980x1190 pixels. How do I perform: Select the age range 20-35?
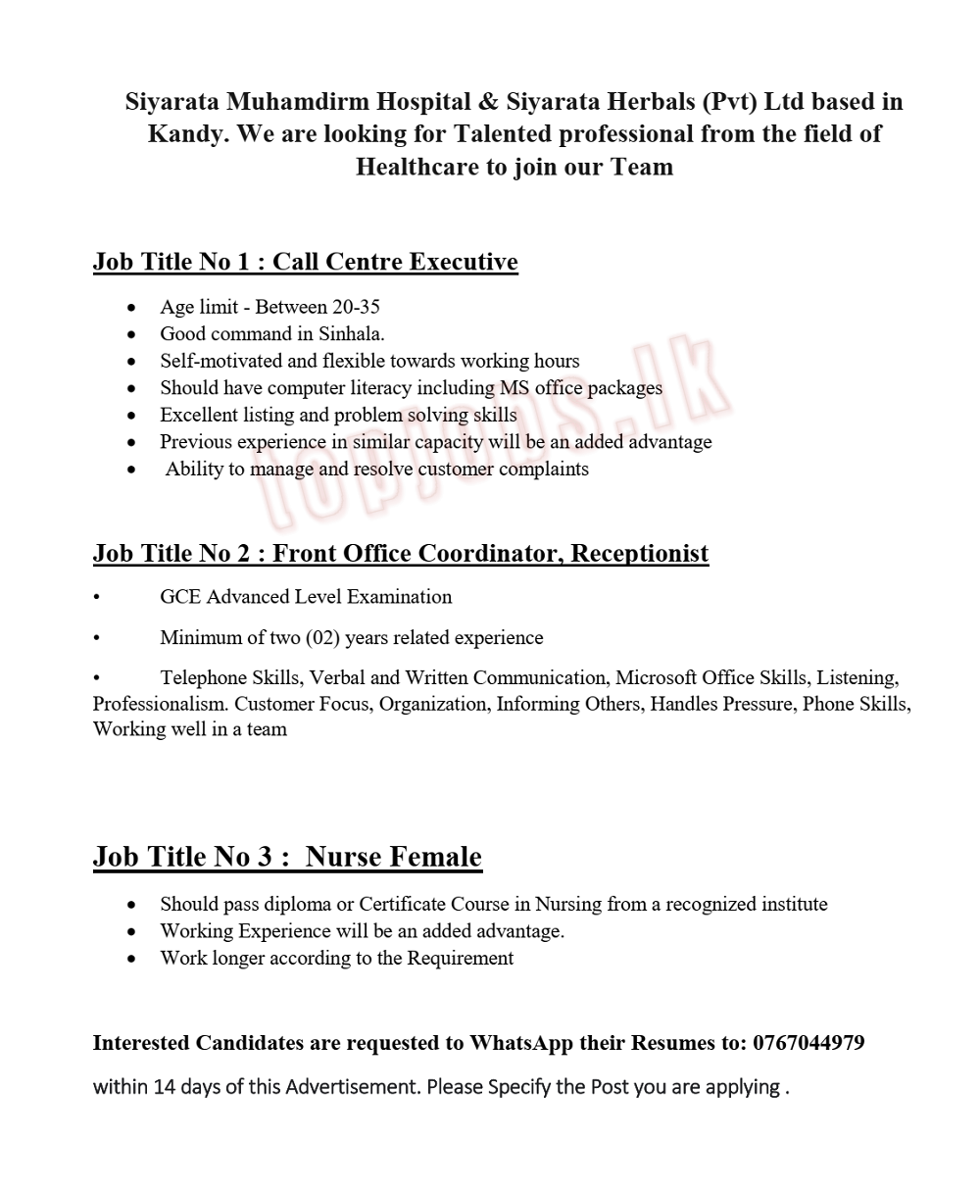[356, 308]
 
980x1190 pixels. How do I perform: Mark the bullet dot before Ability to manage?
[132, 470]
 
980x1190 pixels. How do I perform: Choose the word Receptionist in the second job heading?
[639, 554]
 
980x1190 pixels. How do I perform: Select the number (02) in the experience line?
[322, 638]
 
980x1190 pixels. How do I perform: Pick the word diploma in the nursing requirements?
[284, 904]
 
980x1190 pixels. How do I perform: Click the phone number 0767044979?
[808, 1043]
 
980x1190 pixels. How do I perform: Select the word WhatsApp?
[520, 1043]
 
